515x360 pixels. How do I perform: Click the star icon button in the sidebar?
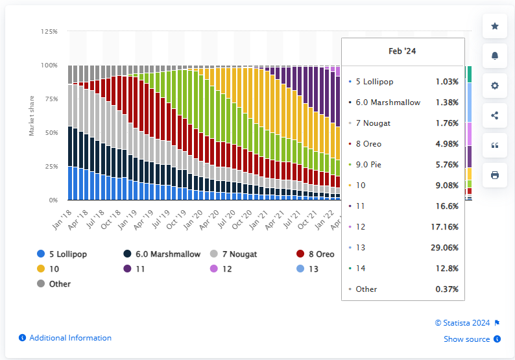[x=495, y=26]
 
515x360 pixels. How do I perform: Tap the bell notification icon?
[x=495, y=56]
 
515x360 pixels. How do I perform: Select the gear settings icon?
[x=495, y=86]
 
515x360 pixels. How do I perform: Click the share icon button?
[x=495, y=115]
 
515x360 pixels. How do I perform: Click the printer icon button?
[x=495, y=175]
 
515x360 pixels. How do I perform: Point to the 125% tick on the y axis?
[x=49, y=31]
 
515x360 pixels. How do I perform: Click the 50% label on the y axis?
[x=51, y=132]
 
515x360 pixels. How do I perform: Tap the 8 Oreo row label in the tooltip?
[x=370, y=144]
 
